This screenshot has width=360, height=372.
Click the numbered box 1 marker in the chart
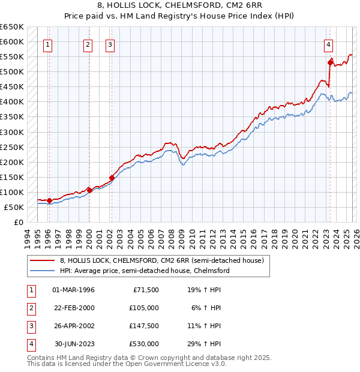[x=47, y=44]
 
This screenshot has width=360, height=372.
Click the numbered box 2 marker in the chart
[x=88, y=44]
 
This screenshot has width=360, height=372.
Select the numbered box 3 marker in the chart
[x=110, y=44]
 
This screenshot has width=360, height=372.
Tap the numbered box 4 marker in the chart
[x=329, y=44]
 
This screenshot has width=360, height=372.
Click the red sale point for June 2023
[x=330, y=62]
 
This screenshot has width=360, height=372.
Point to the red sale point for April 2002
[x=112, y=178]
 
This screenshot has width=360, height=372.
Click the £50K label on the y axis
[x=14, y=207]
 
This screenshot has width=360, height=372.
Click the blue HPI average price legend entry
[x=145, y=271]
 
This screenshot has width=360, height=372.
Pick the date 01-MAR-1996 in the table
[x=73, y=290]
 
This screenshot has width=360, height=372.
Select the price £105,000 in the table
[x=144, y=308]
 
